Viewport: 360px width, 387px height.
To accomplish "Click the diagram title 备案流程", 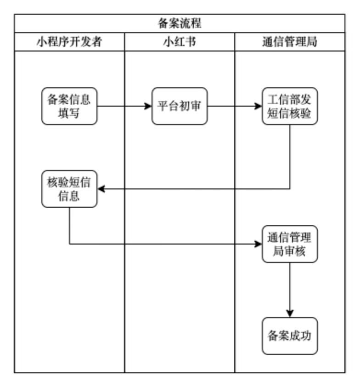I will click(x=180, y=23).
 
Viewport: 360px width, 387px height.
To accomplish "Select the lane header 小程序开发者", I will click(x=69, y=42).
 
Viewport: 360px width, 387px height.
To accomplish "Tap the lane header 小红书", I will click(x=180, y=42).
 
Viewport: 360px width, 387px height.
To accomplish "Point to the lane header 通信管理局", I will click(x=290, y=42).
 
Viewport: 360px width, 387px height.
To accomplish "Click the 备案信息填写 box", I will click(x=69, y=106).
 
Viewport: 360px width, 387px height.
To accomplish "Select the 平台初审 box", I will click(x=180, y=106).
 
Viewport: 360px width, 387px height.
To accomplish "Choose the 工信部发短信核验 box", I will click(x=290, y=106).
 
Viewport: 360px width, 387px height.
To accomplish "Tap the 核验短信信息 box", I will click(x=69, y=189).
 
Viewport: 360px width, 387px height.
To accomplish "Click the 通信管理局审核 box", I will click(x=290, y=244).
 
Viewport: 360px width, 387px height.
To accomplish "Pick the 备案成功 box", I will click(x=290, y=336).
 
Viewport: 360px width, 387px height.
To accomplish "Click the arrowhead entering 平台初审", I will click(x=148, y=106).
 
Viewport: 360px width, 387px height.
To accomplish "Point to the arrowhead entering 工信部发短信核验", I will click(x=259, y=106).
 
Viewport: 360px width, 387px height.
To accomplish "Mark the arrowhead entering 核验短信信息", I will click(x=101, y=189).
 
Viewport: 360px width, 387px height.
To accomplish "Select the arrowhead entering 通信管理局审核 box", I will click(x=259, y=244).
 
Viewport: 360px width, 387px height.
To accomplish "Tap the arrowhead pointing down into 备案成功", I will click(x=290, y=313).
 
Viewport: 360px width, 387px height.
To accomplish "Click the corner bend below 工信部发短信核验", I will click(x=290, y=189).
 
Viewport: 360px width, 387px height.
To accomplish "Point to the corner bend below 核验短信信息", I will click(x=69, y=244).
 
